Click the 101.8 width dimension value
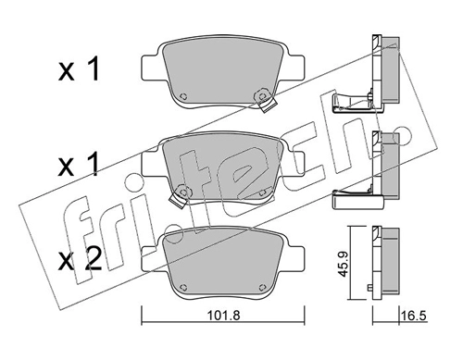point(223,316)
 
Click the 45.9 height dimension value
point(344,264)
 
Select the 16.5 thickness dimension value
point(414,316)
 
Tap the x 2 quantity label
point(80,260)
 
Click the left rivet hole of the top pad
point(183,96)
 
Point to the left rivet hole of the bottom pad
point(183,287)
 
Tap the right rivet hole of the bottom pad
point(263,287)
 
